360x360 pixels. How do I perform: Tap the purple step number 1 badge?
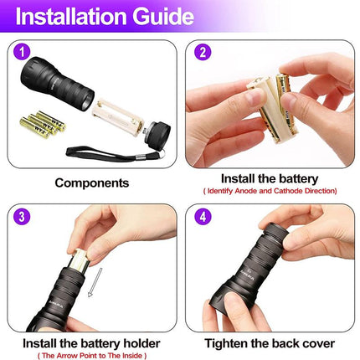pos(22,52)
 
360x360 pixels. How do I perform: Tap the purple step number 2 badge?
pos(202,52)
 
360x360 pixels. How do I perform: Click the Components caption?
pos(91,182)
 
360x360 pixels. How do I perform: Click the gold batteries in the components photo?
pos(42,124)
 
